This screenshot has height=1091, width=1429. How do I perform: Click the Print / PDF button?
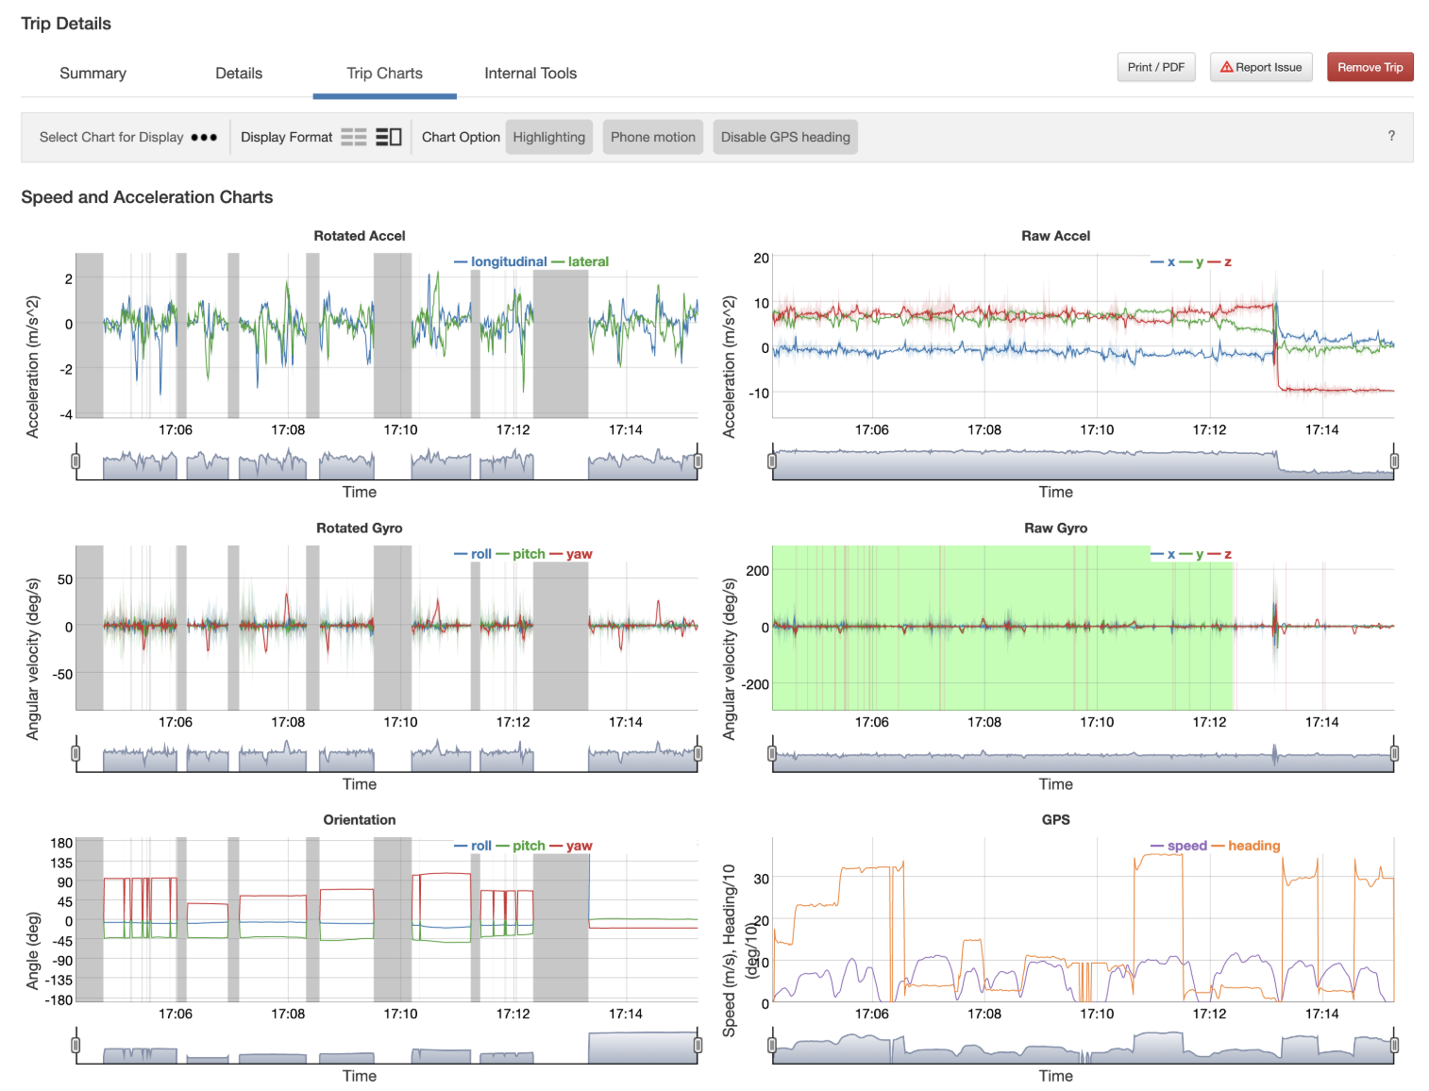[1155, 67]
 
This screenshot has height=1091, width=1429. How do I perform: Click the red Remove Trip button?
[1369, 67]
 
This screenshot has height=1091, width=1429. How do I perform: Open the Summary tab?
[92, 74]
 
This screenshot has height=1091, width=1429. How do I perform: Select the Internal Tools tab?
[530, 74]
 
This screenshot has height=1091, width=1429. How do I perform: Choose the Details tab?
[239, 74]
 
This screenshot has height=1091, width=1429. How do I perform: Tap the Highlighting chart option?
[548, 137]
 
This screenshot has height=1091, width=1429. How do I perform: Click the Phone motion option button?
[652, 137]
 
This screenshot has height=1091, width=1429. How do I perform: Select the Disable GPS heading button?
[784, 137]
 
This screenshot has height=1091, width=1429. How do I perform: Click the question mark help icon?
[1390, 136]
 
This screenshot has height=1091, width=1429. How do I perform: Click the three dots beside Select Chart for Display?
[204, 137]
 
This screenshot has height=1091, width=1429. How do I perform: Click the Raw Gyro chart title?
[1055, 529]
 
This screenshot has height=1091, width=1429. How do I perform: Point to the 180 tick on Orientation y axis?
[61, 843]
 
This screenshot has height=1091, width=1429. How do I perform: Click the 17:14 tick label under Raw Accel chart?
[1321, 429]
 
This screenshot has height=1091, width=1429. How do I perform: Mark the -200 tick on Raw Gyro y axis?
[755, 684]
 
